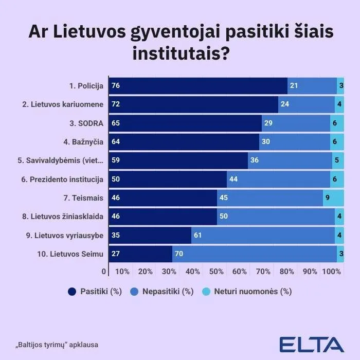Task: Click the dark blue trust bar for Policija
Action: pyautogui.click(x=198, y=85)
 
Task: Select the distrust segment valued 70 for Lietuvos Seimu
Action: pyautogui.click(x=255, y=254)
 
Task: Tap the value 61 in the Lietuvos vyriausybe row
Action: pyautogui.click(x=199, y=236)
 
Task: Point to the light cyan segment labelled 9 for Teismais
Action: pyautogui.click(x=333, y=198)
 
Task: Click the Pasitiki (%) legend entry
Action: pyautogui.click(x=95, y=292)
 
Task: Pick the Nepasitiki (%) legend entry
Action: pyautogui.click(x=163, y=292)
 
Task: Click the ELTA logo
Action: pyautogui.click(x=311, y=344)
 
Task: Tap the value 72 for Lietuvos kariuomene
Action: pyautogui.click(x=116, y=104)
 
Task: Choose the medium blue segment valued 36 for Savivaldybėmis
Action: pyautogui.click(x=290, y=160)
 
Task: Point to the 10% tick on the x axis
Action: pyautogui.click(x=122, y=271)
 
